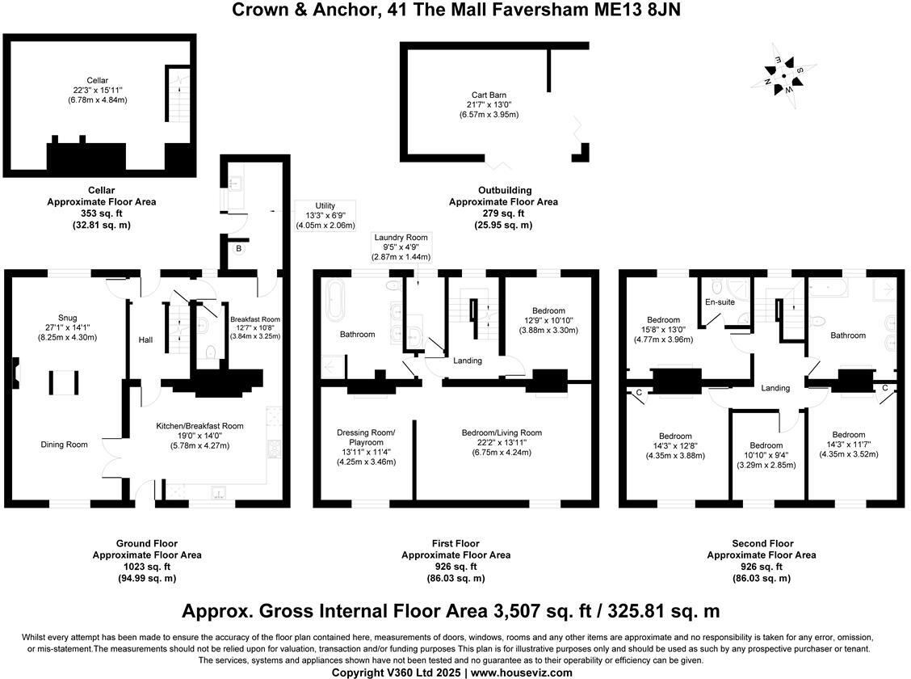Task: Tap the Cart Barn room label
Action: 489,95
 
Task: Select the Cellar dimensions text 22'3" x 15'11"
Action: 98,90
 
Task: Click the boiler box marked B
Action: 238,249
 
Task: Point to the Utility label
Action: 325,206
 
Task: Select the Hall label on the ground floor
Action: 145,340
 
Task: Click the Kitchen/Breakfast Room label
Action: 199,426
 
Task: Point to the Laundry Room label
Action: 401,238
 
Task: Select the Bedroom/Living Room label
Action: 502,432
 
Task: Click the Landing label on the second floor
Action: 775,388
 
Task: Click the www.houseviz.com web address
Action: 522,672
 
